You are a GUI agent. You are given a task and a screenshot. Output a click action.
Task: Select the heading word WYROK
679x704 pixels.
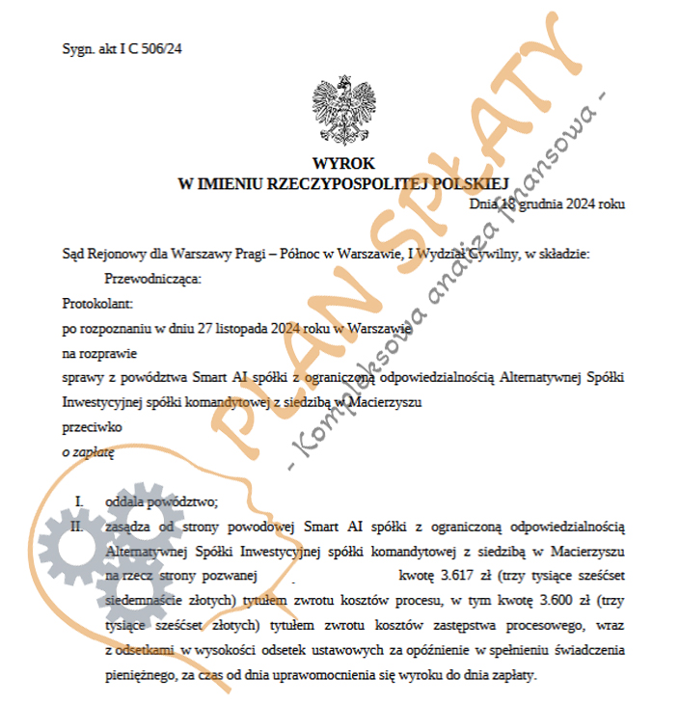(343, 163)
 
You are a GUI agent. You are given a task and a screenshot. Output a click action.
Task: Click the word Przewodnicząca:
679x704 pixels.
(154, 279)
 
